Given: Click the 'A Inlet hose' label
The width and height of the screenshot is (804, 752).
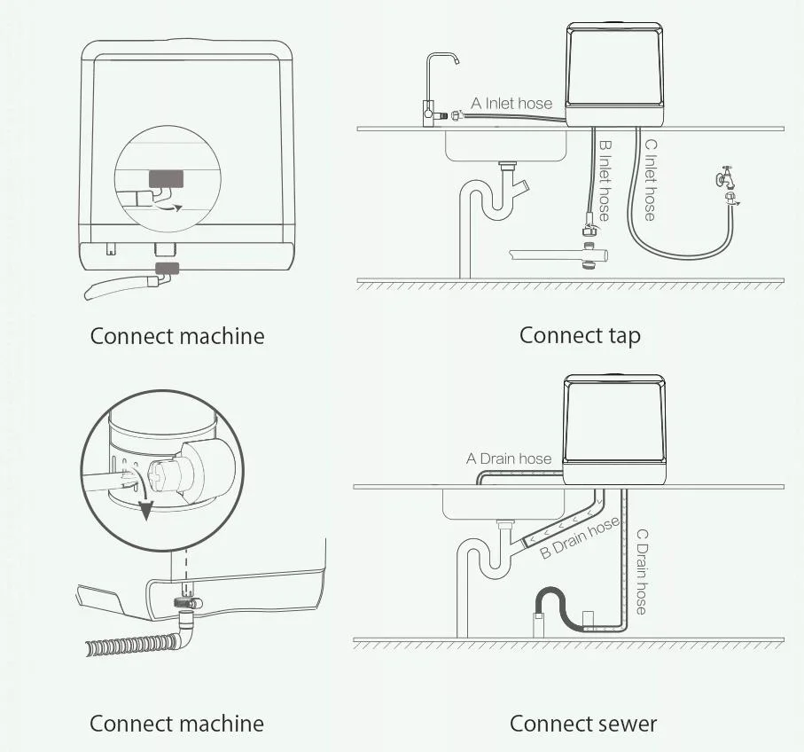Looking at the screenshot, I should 511,104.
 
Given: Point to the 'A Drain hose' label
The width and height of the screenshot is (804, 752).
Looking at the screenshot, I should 509,458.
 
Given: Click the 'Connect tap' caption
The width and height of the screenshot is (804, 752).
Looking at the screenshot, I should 580,335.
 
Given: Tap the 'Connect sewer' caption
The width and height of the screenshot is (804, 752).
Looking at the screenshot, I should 583,724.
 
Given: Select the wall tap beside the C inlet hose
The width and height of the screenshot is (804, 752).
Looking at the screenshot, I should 727,181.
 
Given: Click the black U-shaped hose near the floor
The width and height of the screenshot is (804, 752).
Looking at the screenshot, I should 558,603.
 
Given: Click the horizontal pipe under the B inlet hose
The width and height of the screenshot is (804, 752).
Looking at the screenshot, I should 558,255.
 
